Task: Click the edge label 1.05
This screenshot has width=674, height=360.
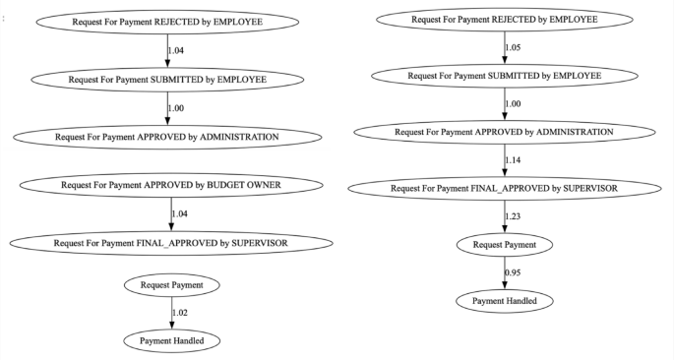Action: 513,47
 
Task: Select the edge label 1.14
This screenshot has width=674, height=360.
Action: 513,159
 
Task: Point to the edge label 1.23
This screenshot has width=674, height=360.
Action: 513,215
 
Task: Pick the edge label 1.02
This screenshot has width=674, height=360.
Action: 180,313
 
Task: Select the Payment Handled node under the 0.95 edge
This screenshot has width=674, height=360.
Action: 504,299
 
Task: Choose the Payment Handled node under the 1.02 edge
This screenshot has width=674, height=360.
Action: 172,340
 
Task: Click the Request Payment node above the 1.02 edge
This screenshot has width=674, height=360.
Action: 172,285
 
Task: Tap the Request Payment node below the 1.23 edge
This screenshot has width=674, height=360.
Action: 504,243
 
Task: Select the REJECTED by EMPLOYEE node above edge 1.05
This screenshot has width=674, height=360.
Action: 504,19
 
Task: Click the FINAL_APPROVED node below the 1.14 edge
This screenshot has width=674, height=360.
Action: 504,187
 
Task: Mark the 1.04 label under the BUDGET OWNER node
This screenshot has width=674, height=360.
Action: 180,212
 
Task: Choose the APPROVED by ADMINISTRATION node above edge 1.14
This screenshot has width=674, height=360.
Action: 504,131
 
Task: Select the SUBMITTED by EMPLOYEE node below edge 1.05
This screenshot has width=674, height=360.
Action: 504,75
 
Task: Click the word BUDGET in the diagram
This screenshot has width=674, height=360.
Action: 222,184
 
